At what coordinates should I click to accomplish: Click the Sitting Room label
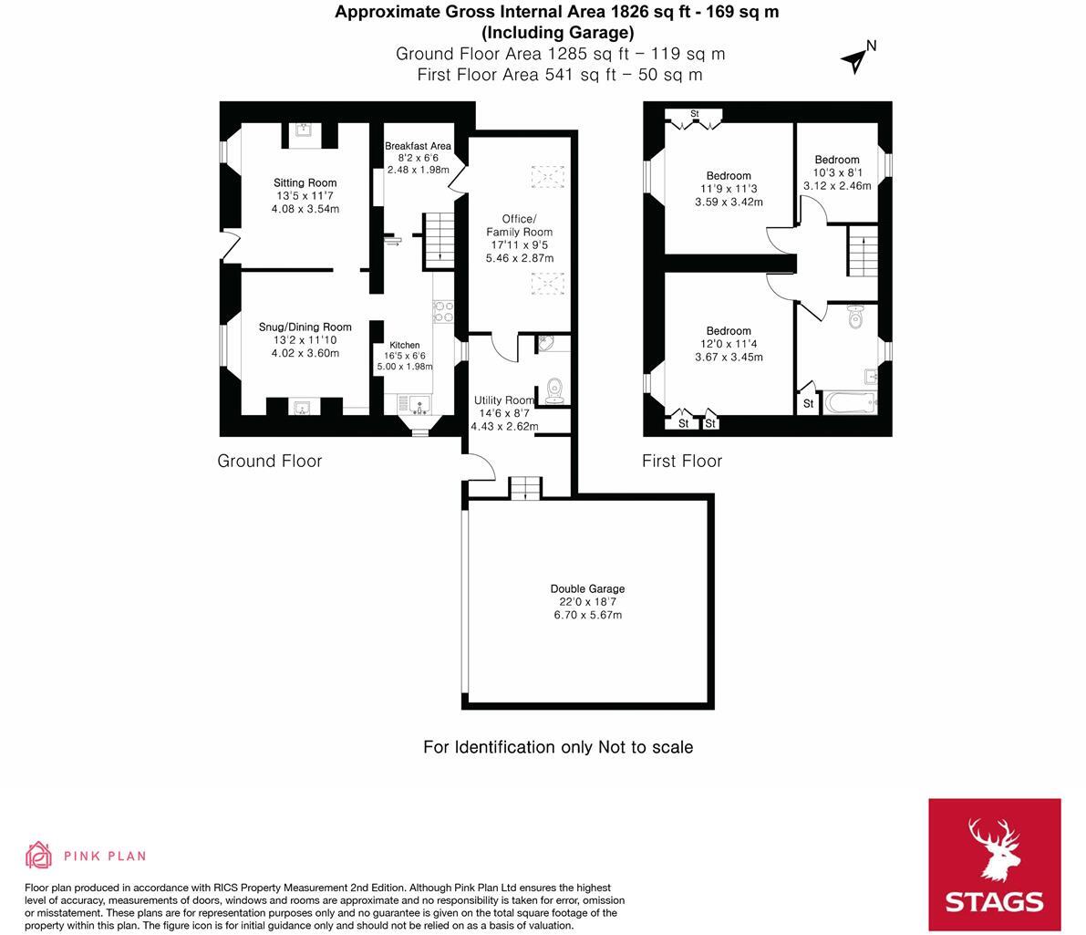pos(305,183)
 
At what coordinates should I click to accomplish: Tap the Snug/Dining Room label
pos(305,327)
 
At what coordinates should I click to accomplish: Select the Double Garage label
pos(587,589)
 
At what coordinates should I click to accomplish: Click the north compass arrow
pos(855,59)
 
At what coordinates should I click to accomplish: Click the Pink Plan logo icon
pos(38,855)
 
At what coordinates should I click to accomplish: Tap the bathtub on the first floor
pos(849,402)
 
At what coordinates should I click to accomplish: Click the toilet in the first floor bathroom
pos(854,318)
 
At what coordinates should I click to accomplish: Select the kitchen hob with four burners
pos(443,311)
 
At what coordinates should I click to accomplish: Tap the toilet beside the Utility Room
pos(554,391)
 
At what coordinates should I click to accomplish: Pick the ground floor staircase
pos(439,239)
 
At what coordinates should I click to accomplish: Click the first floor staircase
pos(862,252)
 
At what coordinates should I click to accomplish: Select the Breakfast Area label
pos(418,146)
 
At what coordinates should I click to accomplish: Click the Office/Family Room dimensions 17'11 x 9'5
pos(519,244)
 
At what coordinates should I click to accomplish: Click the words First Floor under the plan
pos(681,461)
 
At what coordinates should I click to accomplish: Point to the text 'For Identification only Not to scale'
pos(557,747)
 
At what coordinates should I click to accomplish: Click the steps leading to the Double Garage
pos(524,488)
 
